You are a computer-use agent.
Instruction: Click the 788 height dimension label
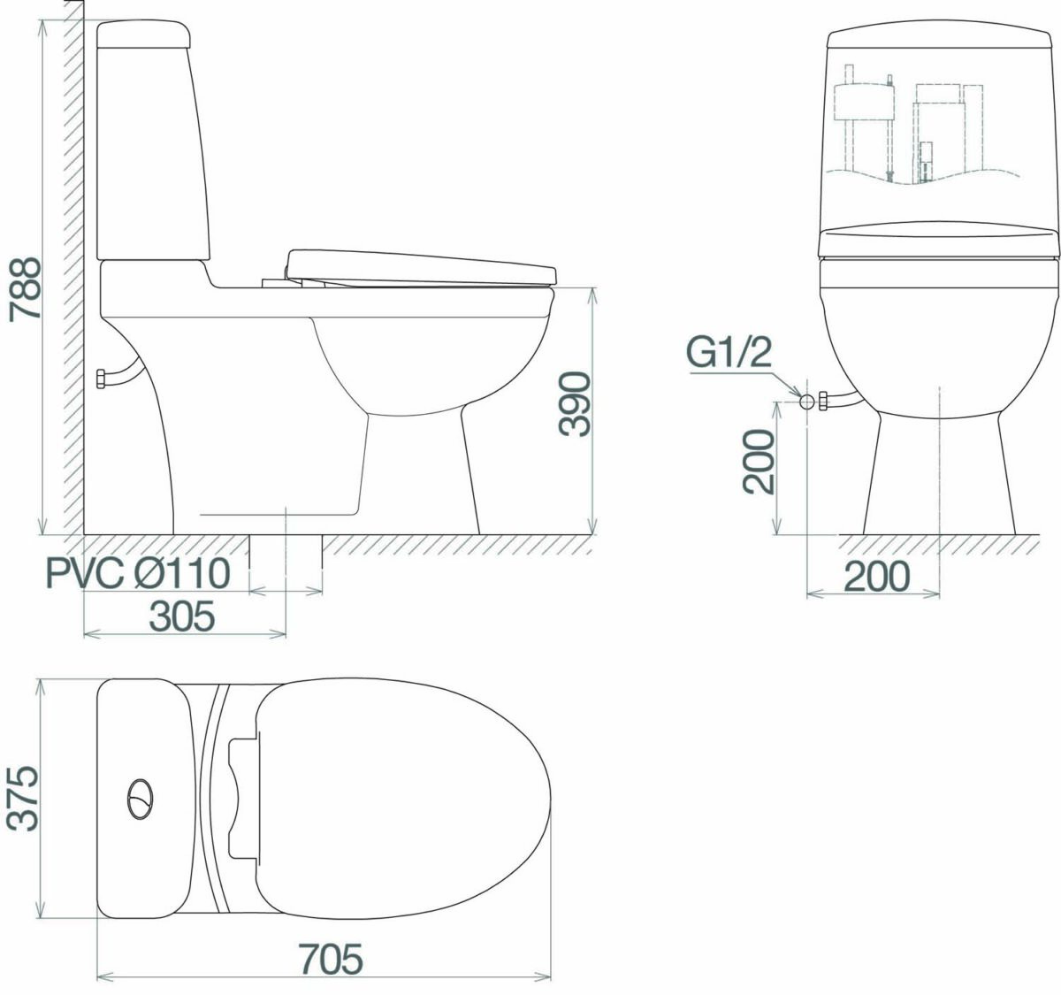pyautogui.click(x=26, y=288)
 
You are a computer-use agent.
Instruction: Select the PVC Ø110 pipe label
pyautogui.click(x=138, y=573)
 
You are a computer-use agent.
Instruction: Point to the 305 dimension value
pyautogui.click(x=181, y=616)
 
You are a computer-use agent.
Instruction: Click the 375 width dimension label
pyautogui.click(x=22, y=799)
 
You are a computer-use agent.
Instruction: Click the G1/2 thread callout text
pyautogui.click(x=729, y=352)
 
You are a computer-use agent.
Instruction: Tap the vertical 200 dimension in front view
pyautogui.click(x=759, y=462)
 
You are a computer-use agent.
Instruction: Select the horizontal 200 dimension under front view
pyautogui.click(x=877, y=576)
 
